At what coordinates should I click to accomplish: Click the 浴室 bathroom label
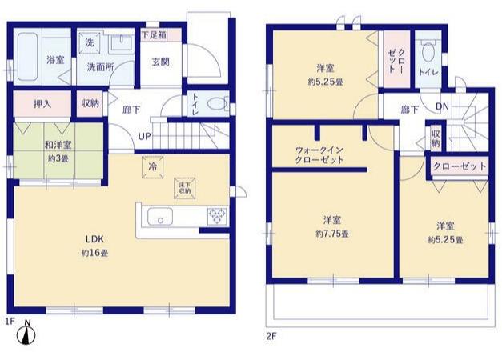[x=54, y=60]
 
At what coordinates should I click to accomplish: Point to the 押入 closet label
[x=42, y=103]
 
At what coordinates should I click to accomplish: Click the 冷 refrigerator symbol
[x=151, y=167]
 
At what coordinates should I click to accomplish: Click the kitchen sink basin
[x=159, y=216]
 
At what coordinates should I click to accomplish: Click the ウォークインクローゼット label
[x=319, y=155]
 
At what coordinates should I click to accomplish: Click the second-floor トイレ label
[x=428, y=72]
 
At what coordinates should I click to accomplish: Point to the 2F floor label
[x=272, y=335]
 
